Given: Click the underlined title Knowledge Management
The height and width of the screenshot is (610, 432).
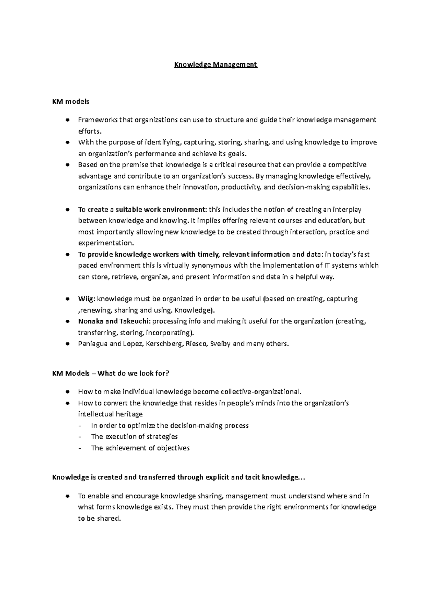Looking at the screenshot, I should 216,65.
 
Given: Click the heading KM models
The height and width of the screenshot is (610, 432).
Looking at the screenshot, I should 71,102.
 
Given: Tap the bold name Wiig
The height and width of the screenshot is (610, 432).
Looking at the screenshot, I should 86,299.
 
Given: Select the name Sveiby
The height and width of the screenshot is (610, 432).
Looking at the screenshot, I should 220,344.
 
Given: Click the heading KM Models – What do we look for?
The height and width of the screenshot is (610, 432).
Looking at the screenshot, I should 111,373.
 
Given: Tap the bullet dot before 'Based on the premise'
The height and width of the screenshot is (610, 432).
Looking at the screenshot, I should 67,165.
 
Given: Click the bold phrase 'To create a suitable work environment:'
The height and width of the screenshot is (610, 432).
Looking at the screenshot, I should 143,210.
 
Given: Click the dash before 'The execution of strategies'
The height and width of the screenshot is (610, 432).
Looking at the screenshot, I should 80,437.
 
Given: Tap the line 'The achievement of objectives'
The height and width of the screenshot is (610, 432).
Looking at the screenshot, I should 140,448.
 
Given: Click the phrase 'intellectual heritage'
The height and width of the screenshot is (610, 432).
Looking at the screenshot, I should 110,414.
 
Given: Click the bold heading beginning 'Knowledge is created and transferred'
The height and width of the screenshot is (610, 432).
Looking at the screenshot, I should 179,477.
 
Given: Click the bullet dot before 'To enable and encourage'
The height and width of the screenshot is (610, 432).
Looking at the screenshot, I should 67,496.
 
